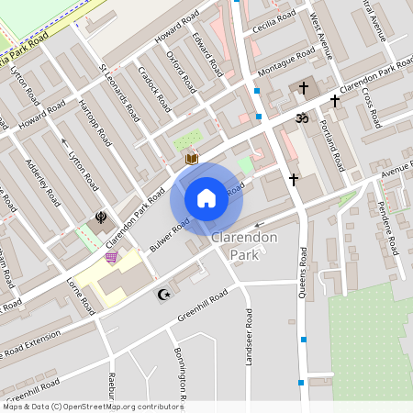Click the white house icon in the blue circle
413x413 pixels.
(206, 198)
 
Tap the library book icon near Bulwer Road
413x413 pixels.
(191, 159)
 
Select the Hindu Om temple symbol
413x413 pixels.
(299, 117)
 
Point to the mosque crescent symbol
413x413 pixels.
(165, 295)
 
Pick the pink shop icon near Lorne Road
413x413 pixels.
(112, 258)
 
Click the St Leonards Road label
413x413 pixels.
(119, 93)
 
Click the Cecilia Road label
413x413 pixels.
(274, 18)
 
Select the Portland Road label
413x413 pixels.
(331, 145)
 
